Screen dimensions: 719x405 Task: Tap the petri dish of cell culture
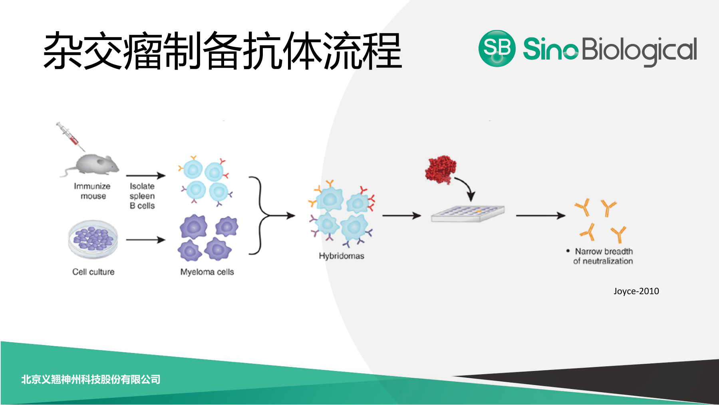pyautogui.click(x=93, y=239)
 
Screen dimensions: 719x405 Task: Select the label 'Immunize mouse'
pyautogui.click(x=92, y=191)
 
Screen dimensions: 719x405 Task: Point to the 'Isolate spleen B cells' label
pyautogui.click(x=142, y=196)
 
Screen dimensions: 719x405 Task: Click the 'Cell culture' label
pyautogui.click(x=93, y=272)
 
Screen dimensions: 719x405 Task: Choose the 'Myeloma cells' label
pyautogui.click(x=207, y=272)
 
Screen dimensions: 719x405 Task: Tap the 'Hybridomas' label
pyautogui.click(x=342, y=256)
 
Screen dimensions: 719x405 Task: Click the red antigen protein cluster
pyautogui.click(x=441, y=170)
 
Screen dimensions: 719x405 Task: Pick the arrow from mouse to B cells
pyautogui.click(x=146, y=176)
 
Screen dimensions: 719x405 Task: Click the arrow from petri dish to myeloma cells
pyautogui.click(x=146, y=240)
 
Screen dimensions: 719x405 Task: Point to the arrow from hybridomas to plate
pyautogui.click(x=402, y=216)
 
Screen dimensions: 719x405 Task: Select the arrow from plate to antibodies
pyautogui.click(x=541, y=216)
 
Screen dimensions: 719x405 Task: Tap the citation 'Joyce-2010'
pyautogui.click(x=636, y=291)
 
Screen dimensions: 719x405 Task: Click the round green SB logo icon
pyautogui.click(x=497, y=48)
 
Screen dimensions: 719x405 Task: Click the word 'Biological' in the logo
pyautogui.click(x=639, y=51)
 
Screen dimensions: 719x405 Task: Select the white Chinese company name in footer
pyautogui.click(x=91, y=379)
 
